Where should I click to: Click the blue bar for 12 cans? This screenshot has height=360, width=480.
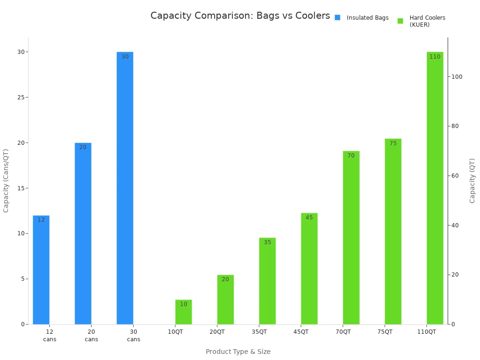41,272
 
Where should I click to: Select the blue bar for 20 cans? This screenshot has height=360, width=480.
83,234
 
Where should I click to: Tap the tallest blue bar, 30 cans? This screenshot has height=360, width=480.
125,187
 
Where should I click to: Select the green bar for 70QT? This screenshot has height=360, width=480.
351,239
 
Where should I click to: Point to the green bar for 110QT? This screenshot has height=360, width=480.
435,187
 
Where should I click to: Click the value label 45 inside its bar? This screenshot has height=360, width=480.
309,217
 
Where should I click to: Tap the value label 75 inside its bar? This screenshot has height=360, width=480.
393,143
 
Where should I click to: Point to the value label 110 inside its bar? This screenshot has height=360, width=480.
435,57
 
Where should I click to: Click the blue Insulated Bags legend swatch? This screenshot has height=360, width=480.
337,18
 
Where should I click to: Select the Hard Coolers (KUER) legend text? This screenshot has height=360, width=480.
427,21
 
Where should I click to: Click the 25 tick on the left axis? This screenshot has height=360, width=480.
19,97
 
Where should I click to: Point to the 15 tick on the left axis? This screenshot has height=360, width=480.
19,188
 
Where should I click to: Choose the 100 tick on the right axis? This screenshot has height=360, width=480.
457,77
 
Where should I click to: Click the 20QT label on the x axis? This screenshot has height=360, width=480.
217,332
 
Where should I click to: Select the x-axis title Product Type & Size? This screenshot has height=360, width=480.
238,352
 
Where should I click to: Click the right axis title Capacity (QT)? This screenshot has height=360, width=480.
472,180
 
